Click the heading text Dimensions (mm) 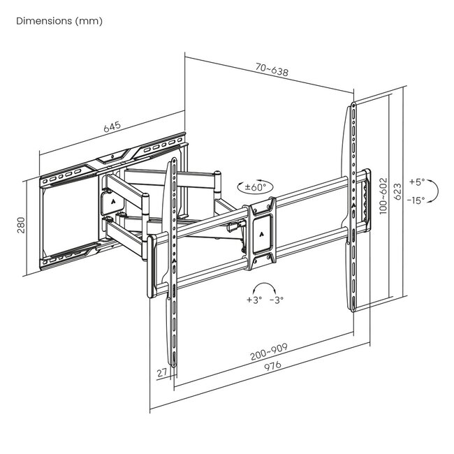(x=59, y=21)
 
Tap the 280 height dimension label (x=21, y=226)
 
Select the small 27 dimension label (x=163, y=373)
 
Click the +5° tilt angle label (x=416, y=182)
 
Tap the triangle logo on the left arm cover (x=111, y=198)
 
